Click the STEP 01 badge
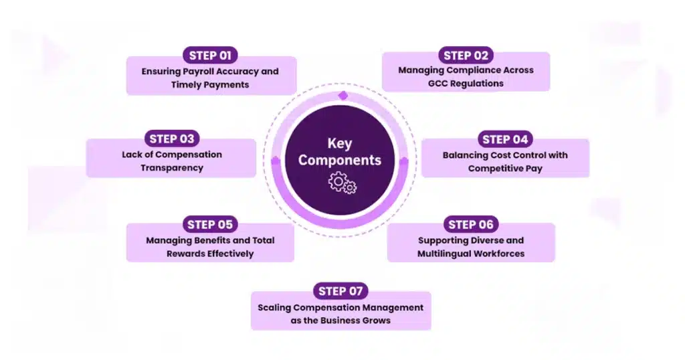[x=210, y=56]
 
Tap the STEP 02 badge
[x=466, y=55]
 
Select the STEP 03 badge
[x=172, y=139]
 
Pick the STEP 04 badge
[x=505, y=139]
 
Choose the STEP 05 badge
[x=210, y=224]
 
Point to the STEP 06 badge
[x=471, y=224]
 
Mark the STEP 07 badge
[x=340, y=290]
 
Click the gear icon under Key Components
[x=342, y=183]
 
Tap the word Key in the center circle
[x=339, y=143]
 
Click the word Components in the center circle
[x=340, y=160]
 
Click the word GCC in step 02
[x=438, y=84]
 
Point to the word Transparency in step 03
[x=171, y=167]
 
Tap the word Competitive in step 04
[x=497, y=168]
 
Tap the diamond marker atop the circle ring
[x=342, y=96]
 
